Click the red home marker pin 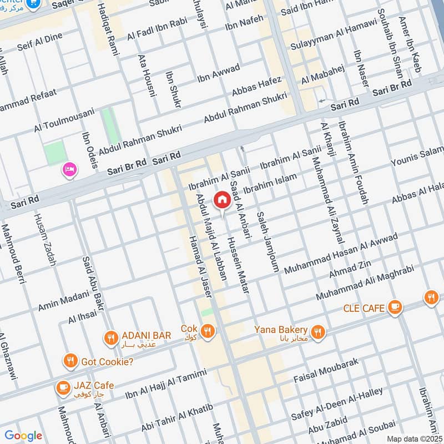click(222, 199)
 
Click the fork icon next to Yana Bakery click(317, 332)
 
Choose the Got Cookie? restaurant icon click(70, 361)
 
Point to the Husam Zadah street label click(44, 240)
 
